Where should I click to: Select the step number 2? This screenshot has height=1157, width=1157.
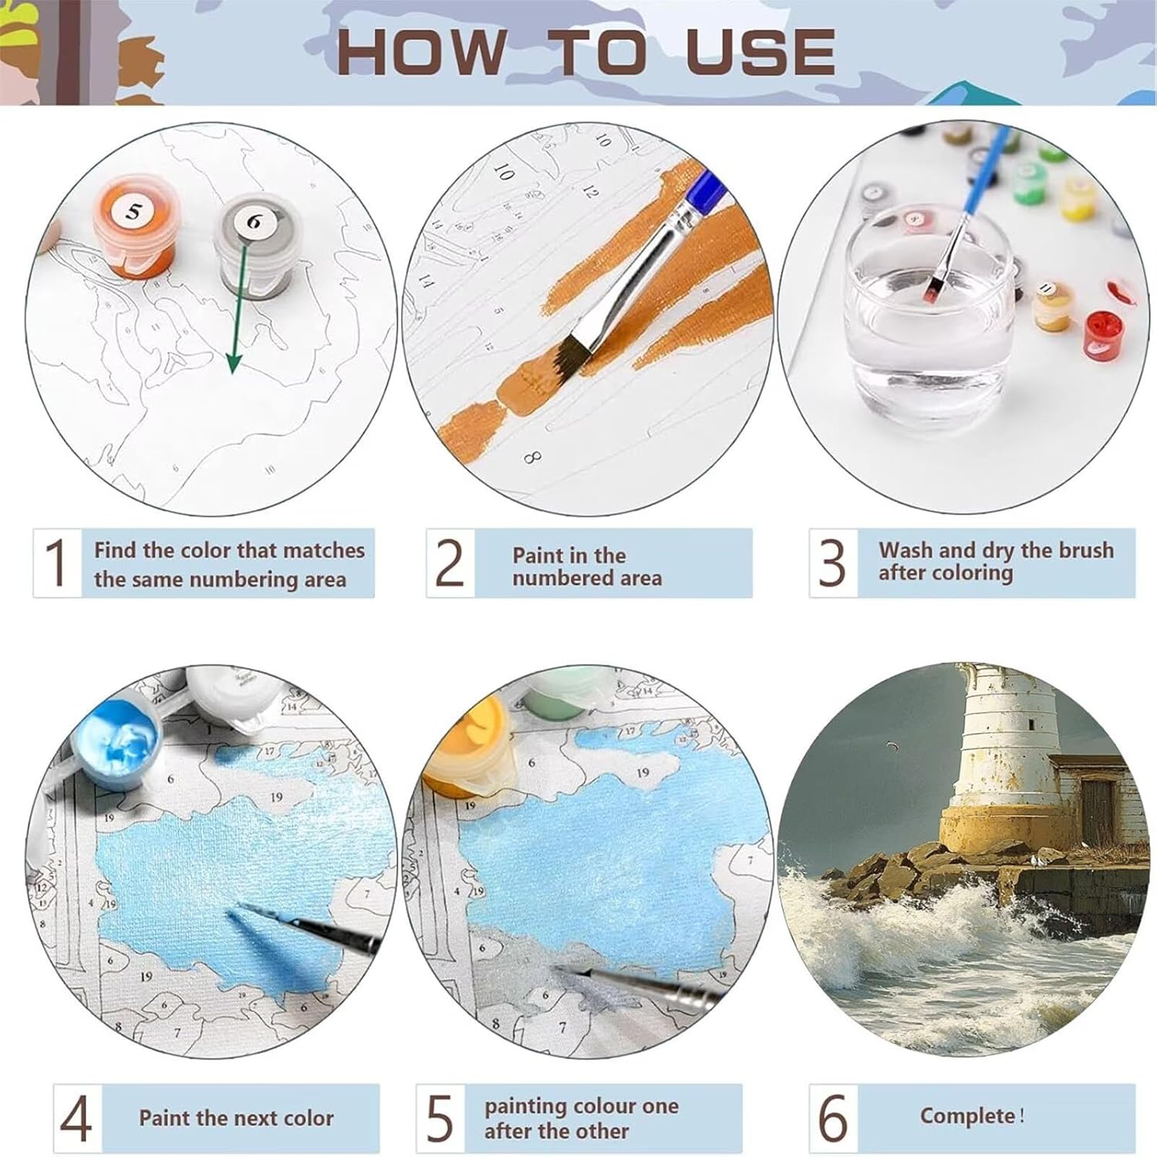click(x=450, y=562)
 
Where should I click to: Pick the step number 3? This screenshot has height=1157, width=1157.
click(x=832, y=562)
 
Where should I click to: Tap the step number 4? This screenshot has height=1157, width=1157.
click(x=76, y=1118)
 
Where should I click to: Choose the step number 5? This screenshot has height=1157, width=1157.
click(x=440, y=1118)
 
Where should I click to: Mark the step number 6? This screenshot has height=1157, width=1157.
click(x=833, y=1117)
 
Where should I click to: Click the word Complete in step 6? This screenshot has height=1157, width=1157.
click(x=968, y=1116)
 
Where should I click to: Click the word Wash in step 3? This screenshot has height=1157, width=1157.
click(x=906, y=550)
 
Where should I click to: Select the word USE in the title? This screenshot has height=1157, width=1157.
click(x=760, y=52)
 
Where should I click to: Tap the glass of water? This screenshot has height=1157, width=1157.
click(x=929, y=309)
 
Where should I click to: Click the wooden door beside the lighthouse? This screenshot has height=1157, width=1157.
click(x=1098, y=810)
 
